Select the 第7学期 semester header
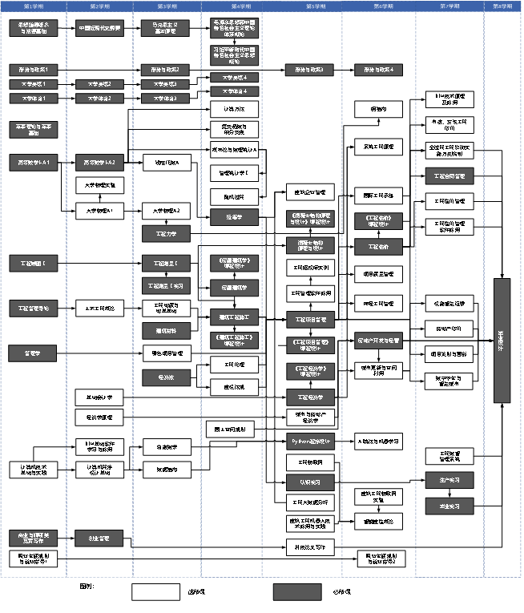point(446,6)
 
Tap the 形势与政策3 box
point(310,70)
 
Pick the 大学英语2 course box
point(99,84)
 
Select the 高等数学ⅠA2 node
point(99,163)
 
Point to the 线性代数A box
point(166,163)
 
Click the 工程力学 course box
point(166,233)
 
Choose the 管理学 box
point(33,352)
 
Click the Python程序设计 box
point(310,440)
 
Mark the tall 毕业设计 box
point(502,340)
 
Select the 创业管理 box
point(99,538)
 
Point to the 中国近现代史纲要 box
point(99,30)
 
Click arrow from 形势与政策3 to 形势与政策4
point(344,70)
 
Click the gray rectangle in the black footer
point(297,591)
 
